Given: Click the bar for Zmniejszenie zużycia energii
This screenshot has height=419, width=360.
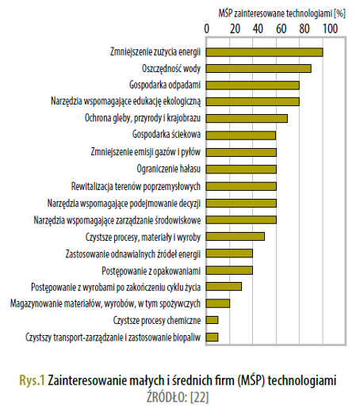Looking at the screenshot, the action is tap(264, 52).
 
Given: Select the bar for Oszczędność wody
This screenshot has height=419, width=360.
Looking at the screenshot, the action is tap(259, 68).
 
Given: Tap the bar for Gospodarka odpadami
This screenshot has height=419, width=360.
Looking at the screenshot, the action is tap(252, 86).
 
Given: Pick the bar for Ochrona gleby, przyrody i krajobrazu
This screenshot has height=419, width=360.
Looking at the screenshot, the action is tap(247, 118).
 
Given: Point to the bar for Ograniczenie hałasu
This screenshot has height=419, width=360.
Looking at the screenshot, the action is tap(241, 170).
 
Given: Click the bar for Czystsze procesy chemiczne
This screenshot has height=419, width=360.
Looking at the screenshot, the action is tap(212, 320).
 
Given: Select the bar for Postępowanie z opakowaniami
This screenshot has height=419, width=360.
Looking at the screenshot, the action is tap(229, 270).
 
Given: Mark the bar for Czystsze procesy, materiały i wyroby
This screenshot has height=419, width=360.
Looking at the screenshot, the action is tap(235, 237).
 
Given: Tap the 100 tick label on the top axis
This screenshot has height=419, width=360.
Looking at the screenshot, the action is tap(331, 29).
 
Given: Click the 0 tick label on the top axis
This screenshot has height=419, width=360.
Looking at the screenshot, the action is tap(206, 29).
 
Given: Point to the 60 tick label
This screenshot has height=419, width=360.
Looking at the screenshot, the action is tap(281, 29).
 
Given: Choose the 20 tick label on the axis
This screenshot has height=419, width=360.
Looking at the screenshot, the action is tap(235, 29).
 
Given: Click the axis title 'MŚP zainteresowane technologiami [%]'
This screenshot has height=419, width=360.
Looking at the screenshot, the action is tap(282, 13).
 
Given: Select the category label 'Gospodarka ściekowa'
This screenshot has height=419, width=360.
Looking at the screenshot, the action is tap(167, 134).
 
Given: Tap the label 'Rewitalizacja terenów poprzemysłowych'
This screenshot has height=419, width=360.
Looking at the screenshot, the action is tap(136, 186).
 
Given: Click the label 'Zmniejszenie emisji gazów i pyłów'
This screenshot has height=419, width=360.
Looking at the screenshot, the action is tap(145, 152).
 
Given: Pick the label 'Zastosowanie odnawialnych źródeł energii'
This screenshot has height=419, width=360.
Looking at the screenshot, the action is tap(133, 254).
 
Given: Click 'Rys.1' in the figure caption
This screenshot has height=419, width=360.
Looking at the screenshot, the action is tap(32, 380).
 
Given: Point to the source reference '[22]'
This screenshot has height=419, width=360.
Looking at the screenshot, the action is tap(199, 398).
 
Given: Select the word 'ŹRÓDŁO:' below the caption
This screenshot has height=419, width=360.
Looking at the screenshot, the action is tap(167, 397).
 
